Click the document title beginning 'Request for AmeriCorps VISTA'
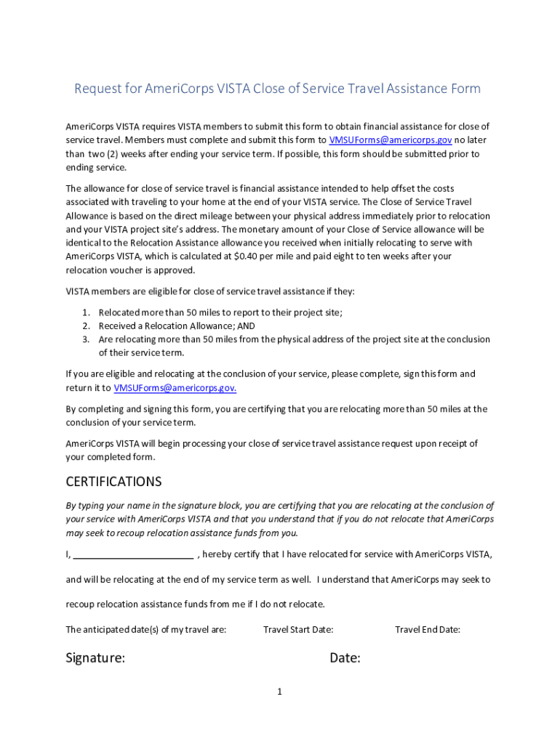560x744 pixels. pos(277,89)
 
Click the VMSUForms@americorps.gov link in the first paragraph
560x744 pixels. pos(391,140)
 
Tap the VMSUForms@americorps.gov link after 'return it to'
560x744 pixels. pos(175,388)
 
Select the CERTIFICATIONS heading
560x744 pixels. pos(113,482)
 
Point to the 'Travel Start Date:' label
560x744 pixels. pos(298,630)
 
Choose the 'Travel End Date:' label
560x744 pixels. pos(427,630)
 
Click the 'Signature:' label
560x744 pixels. pos(95,658)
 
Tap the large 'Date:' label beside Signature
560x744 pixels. pos(345,658)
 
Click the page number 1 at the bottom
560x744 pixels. pos(279,692)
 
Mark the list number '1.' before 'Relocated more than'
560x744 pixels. pos(86,312)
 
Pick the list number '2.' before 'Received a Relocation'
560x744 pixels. pos(86,326)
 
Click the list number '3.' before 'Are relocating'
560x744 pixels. pos(86,339)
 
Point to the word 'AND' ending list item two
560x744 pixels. pos(245,326)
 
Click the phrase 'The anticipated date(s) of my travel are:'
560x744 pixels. pos(146,630)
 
